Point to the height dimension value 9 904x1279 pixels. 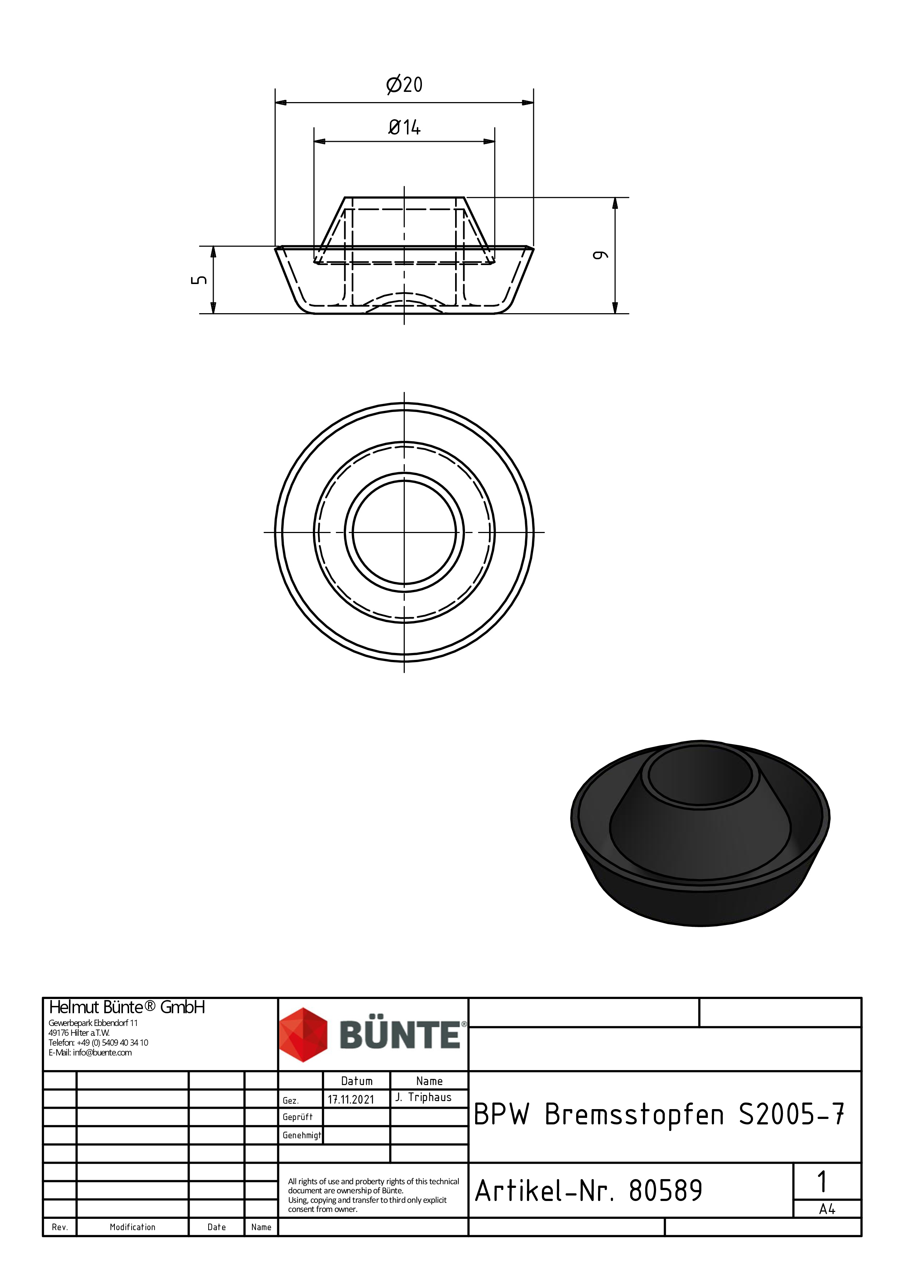(x=600, y=255)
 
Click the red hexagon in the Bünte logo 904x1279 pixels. (x=303, y=1034)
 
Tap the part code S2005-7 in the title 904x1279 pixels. (x=791, y=1115)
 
